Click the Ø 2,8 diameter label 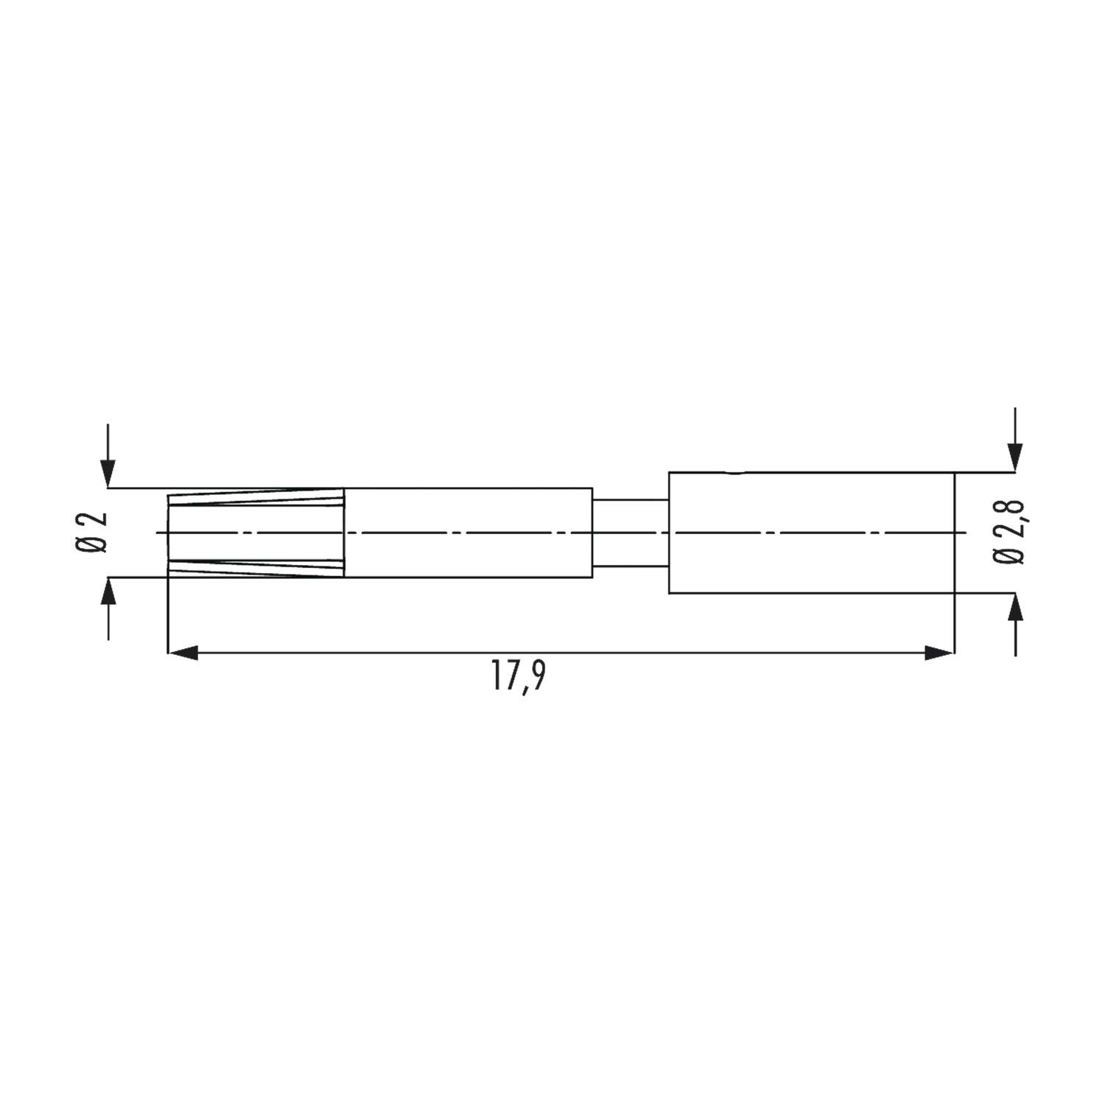pyautogui.click(x=1009, y=532)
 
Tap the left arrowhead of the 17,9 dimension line pyautogui.click(x=183, y=652)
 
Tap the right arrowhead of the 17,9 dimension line pyautogui.click(x=940, y=652)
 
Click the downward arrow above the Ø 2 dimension pyautogui.click(x=108, y=471)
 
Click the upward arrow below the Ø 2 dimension pyautogui.click(x=108, y=592)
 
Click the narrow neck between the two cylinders pyautogui.click(x=631, y=533)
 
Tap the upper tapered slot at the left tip pyautogui.click(x=256, y=498)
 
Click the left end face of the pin pyautogui.click(x=169, y=533)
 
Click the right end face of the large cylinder pyautogui.click(x=954, y=533)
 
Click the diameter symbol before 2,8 pyautogui.click(x=1009, y=556)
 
